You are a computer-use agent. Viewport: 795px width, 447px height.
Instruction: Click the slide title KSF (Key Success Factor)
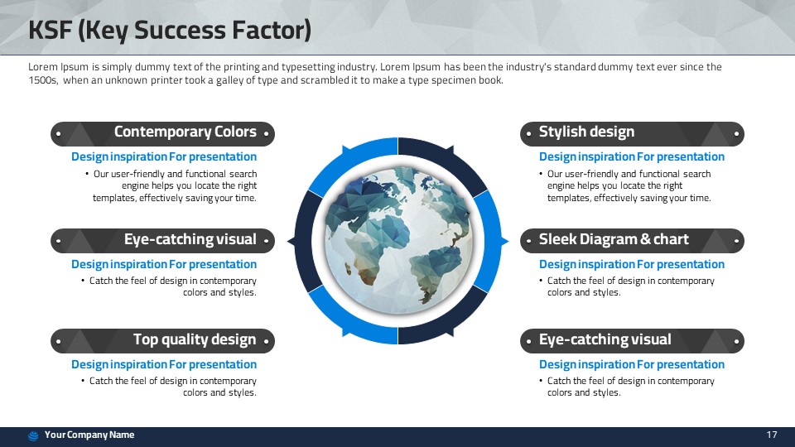(x=169, y=30)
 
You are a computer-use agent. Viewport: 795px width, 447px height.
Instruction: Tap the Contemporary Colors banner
(x=163, y=134)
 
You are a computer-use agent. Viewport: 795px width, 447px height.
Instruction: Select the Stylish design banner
(x=632, y=134)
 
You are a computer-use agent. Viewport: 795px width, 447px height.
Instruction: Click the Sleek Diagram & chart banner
(x=632, y=241)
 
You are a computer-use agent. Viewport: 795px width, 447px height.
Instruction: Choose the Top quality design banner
(x=163, y=341)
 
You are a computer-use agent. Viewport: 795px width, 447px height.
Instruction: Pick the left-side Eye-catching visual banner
(x=163, y=241)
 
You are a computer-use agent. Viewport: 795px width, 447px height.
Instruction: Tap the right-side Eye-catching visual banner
(x=632, y=341)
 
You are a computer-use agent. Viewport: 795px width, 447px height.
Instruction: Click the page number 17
(x=772, y=435)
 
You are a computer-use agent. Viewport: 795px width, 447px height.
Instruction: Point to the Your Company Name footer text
(x=89, y=435)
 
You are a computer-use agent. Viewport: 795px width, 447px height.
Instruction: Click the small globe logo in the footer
(x=33, y=435)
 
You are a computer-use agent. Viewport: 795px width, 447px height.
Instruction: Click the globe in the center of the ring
(x=398, y=241)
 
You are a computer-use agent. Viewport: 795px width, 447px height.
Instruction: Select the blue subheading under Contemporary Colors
(x=164, y=156)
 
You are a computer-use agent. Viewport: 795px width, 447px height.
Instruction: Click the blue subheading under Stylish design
(x=632, y=156)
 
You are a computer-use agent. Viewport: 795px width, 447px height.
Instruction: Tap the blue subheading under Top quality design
(x=164, y=364)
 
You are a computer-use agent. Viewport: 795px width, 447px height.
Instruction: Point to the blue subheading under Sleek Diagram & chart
(x=632, y=264)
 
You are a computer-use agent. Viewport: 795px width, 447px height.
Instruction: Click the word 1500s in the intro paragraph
(x=43, y=80)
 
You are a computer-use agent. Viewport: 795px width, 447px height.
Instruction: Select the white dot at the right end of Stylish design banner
(x=736, y=134)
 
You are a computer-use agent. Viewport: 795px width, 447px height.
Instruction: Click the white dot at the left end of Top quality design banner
(x=58, y=342)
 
